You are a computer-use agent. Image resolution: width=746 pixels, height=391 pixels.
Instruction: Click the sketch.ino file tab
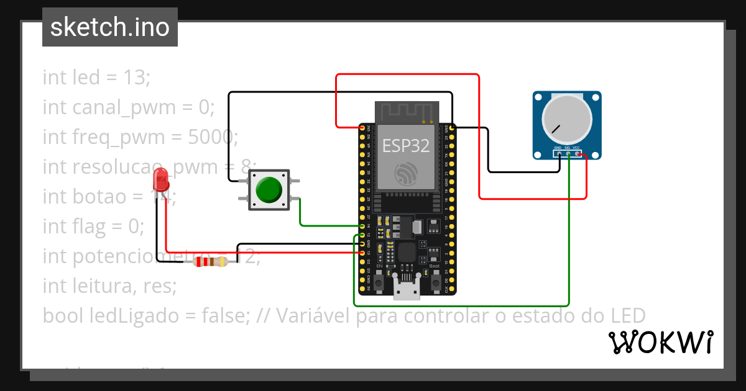pos(110,27)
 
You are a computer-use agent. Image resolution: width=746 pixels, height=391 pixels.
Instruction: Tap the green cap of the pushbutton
pos(269,190)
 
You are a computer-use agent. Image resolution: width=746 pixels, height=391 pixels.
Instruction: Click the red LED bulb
pos(161,179)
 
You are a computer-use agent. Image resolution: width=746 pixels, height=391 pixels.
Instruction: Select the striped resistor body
pos(211,261)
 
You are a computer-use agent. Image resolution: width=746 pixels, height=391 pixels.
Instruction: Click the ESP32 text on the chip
pos(405,146)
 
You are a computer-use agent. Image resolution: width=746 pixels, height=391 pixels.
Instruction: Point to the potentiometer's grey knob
pos(566,120)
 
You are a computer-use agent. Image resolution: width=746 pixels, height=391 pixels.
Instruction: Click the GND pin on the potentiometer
pos(558,153)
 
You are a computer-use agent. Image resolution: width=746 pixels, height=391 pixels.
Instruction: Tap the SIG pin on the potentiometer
pos(568,153)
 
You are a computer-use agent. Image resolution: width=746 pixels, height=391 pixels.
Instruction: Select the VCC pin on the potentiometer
pos(577,153)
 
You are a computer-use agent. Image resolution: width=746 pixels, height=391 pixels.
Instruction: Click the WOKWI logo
pos(660,342)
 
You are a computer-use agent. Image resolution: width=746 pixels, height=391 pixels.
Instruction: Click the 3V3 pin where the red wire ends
pos(363,128)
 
